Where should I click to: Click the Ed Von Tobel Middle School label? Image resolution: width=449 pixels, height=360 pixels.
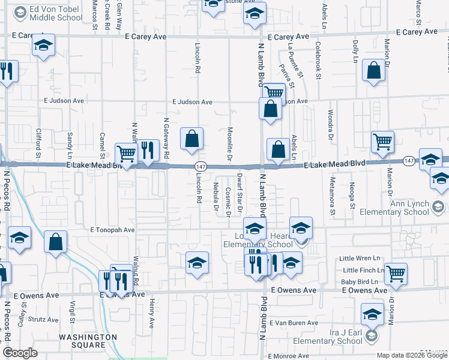pyautogui.click(x=53, y=13)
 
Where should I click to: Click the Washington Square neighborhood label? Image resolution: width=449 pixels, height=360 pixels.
pyautogui.click(x=88, y=341)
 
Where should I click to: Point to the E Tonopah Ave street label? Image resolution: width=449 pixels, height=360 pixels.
pyautogui.click(x=112, y=230)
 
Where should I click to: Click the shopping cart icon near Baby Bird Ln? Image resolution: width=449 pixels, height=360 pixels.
pyautogui.click(x=396, y=273)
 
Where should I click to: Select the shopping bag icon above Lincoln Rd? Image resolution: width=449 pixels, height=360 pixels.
pyautogui.click(x=191, y=138)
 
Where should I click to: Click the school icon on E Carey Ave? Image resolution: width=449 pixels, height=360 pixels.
pyautogui.click(x=44, y=45)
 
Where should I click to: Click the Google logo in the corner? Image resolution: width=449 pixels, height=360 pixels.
pyautogui.click(x=20, y=353)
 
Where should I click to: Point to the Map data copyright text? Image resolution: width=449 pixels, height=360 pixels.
pyautogui.click(x=412, y=355)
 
